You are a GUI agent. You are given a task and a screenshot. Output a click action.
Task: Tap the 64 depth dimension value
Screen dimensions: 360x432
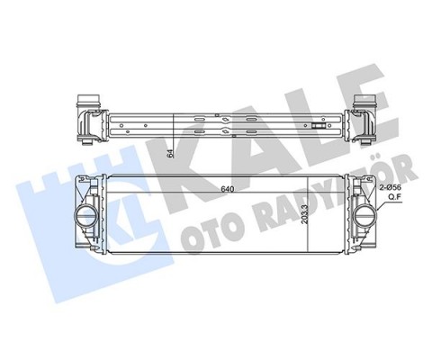(170, 152)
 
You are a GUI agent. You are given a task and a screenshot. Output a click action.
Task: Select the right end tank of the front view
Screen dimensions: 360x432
(364, 217)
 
